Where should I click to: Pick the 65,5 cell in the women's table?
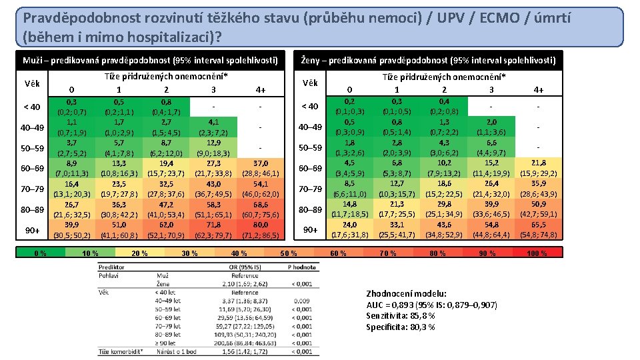click(539, 225)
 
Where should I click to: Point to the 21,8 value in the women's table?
click(539, 164)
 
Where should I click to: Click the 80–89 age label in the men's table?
click(32, 210)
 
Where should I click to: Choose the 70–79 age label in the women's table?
click(311, 189)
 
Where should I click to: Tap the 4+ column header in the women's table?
click(539, 90)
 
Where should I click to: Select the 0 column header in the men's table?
click(71, 90)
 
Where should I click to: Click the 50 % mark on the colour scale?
click(288, 253)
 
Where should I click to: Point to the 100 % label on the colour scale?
click(537, 253)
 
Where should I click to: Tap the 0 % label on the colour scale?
click(41, 253)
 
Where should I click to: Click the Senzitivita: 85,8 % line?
click(401, 315)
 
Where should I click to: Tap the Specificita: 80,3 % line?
click(400, 327)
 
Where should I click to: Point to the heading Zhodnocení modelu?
click(407, 293)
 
